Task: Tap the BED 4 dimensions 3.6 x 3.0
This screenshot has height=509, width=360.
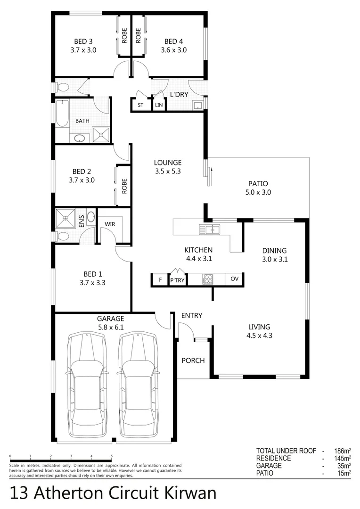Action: (x=173, y=49)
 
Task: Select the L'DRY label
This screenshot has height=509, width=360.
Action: (x=179, y=95)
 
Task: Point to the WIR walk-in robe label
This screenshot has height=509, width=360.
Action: (x=110, y=224)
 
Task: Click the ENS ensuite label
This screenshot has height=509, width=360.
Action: (x=81, y=222)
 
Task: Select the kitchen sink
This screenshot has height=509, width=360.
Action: (x=210, y=230)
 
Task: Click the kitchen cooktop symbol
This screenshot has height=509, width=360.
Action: (x=208, y=279)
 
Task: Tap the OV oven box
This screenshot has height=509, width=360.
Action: (x=235, y=279)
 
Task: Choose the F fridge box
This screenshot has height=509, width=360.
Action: (x=160, y=280)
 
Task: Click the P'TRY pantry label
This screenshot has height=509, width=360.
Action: (x=177, y=280)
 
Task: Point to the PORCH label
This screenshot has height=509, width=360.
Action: (x=193, y=361)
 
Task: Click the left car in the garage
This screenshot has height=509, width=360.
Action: (x=87, y=384)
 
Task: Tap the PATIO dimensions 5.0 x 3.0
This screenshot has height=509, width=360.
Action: (x=258, y=192)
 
